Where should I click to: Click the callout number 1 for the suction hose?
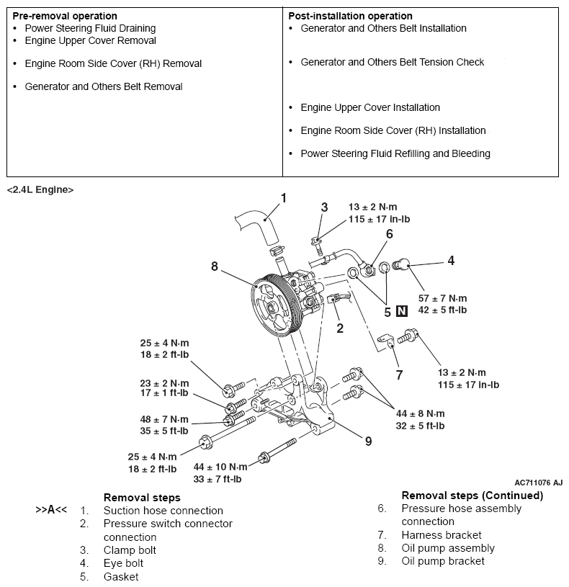coord(283,197)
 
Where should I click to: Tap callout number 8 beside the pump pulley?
coord(214,266)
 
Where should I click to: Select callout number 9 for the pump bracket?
coord(368,441)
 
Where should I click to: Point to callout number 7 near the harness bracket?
coord(399,375)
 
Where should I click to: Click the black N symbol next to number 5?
coord(402,312)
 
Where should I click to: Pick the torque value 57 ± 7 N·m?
coord(442,298)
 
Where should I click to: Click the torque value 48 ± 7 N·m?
coord(164,419)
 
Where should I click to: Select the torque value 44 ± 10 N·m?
coord(220,467)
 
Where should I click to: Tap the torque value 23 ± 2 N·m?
coord(164,383)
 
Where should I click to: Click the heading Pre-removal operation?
coord(65,16)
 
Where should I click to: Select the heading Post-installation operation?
coord(350,16)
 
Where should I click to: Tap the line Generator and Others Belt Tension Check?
coord(392,62)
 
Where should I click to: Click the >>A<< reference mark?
coord(51,510)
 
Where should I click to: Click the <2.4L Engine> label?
coord(40,189)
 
